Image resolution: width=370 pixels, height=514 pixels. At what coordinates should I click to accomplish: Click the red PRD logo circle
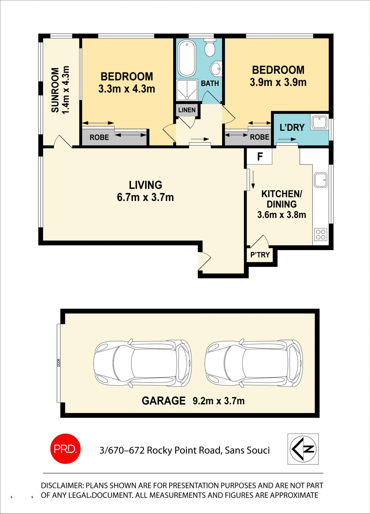[65, 449]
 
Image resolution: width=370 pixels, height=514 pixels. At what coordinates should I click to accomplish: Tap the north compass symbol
[303, 449]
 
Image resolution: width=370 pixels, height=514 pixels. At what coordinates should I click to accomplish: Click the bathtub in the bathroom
[187, 58]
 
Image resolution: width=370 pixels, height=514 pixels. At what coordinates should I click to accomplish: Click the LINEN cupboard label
[187, 110]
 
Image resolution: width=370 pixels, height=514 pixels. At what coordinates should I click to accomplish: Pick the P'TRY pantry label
[260, 255]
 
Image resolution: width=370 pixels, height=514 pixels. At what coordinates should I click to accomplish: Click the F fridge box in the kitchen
[260, 156]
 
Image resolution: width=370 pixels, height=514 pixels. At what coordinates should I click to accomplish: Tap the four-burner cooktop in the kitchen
[321, 235]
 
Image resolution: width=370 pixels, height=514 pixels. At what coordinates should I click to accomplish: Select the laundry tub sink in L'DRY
[319, 122]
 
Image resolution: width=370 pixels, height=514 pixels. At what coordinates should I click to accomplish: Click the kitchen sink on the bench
[321, 180]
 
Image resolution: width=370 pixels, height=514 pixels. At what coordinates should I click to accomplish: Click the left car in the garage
[142, 364]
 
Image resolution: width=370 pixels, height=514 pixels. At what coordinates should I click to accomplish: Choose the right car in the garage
[254, 364]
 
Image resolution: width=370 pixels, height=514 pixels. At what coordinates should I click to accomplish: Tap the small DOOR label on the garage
[59, 363]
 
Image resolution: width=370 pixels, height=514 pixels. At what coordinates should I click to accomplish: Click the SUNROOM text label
[55, 90]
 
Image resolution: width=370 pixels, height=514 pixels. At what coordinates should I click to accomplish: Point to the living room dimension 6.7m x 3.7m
[145, 198]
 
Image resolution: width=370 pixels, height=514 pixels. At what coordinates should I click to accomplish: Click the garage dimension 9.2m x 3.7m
[219, 401]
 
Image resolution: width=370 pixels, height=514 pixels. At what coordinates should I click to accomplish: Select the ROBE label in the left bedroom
[99, 138]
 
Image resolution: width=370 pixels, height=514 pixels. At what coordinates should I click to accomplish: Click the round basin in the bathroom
[216, 69]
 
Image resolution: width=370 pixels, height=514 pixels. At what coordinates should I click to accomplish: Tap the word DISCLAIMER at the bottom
[62, 486]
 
